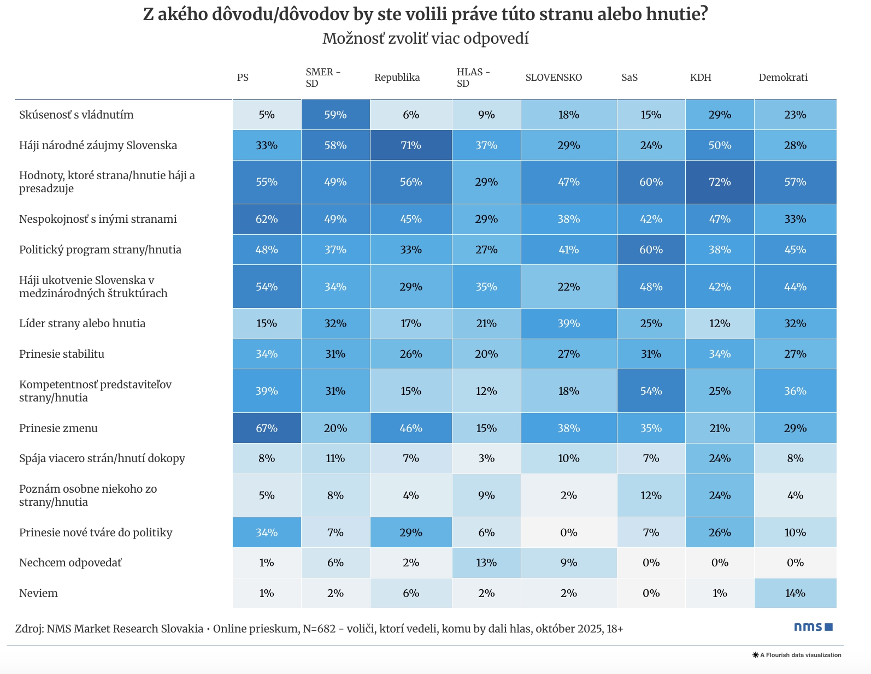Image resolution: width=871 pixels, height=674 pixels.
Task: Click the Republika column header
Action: tap(397, 78)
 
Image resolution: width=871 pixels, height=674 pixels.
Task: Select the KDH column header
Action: tap(701, 78)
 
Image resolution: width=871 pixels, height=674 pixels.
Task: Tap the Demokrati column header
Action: tap(783, 78)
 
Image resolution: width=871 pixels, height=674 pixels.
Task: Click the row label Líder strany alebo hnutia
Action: tap(82, 323)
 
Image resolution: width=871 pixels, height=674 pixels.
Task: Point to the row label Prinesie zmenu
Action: tap(58, 428)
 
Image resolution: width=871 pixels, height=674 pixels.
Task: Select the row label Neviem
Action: tap(38, 593)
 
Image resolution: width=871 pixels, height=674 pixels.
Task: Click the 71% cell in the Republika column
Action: tap(411, 145)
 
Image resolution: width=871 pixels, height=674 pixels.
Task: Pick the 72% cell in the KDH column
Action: tap(720, 182)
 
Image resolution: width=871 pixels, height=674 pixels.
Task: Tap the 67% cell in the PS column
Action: tap(267, 428)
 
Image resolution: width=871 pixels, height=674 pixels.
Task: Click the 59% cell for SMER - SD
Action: tap(336, 115)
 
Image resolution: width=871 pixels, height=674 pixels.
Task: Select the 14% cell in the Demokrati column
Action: tap(795, 593)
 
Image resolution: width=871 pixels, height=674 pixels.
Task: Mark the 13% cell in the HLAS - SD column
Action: tap(486, 563)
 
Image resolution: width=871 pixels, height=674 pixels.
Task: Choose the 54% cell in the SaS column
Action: tap(651, 391)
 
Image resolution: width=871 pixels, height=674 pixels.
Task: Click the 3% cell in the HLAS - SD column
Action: tap(486, 458)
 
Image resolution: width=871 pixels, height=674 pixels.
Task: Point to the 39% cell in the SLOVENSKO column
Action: tap(568, 323)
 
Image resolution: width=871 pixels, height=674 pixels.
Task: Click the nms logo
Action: tap(813, 627)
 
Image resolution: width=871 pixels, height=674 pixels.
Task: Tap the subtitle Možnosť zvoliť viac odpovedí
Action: tap(425, 39)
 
